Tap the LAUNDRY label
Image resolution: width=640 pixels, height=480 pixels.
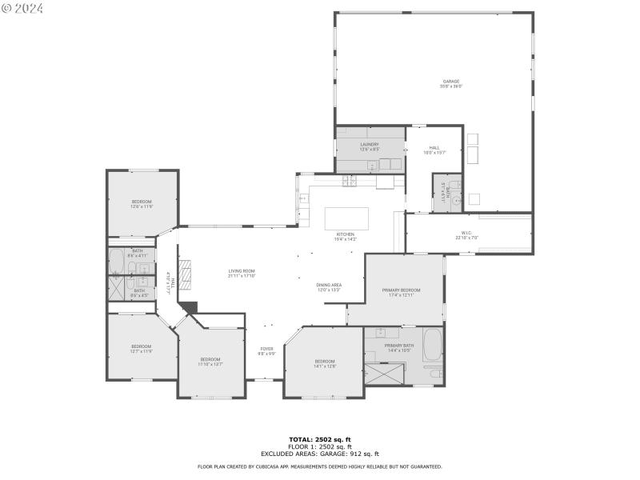pyautogui.click(x=369, y=144)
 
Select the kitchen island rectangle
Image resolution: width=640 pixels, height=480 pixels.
pyautogui.click(x=346, y=218)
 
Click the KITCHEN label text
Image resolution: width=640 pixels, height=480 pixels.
pyautogui.click(x=345, y=234)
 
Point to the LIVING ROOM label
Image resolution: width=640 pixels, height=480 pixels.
pyautogui.click(x=242, y=271)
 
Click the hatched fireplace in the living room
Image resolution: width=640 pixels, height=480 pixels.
pyautogui.click(x=185, y=274)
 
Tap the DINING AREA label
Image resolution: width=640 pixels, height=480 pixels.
pyautogui.click(x=330, y=285)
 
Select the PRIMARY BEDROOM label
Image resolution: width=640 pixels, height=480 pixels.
pyautogui.click(x=401, y=290)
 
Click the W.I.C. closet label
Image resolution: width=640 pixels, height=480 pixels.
pyautogui.click(x=466, y=234)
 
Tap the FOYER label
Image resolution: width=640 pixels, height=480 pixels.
pyautogui.click(x=266, y=349)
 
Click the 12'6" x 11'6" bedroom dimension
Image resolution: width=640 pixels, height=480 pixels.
pyautogui.click(x=142, y=206)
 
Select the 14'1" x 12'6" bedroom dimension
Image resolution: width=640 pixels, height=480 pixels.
pyautogui.click(x=325, y=366)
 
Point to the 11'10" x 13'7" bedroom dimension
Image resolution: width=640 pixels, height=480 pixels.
pyautogui.click(x=211, y=364)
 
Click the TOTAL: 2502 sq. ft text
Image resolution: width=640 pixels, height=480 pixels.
pyautogui.click(x=319, y=439)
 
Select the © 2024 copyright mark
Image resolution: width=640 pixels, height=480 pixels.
pyautogui.click(x=22, y=8)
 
